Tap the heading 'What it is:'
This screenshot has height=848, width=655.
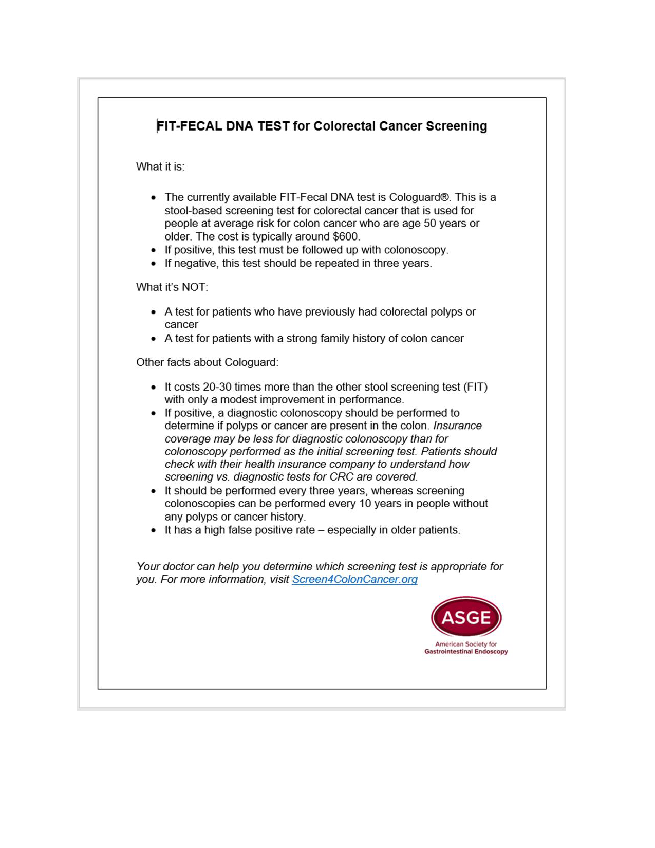pyautogui.click(x=160, y=167)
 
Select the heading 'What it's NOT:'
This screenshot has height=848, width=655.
pyautogui.click(x=172, y=287)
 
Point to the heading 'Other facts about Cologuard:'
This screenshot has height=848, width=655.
pyautogui.click(x=207, y=362)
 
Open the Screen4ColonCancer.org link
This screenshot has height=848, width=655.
pyautogui.click(x=354, y=580)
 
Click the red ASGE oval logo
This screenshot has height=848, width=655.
pyautogui.click(x=466, y=617)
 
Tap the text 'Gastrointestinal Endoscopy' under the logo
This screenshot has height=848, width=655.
pyautogui.click(x=466, y=652)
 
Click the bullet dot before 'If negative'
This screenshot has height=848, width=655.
pyautogui.click(x=154, y=264)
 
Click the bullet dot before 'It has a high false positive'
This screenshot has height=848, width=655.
pyautogui.click(x=154, y=530)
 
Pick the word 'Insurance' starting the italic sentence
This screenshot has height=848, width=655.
pyautogui.click(x=458, y=426)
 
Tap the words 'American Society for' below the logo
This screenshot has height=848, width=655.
pyautogui.click(x=466, y=644)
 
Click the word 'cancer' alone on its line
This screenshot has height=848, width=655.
pyautogui.click(x=181, y=325)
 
